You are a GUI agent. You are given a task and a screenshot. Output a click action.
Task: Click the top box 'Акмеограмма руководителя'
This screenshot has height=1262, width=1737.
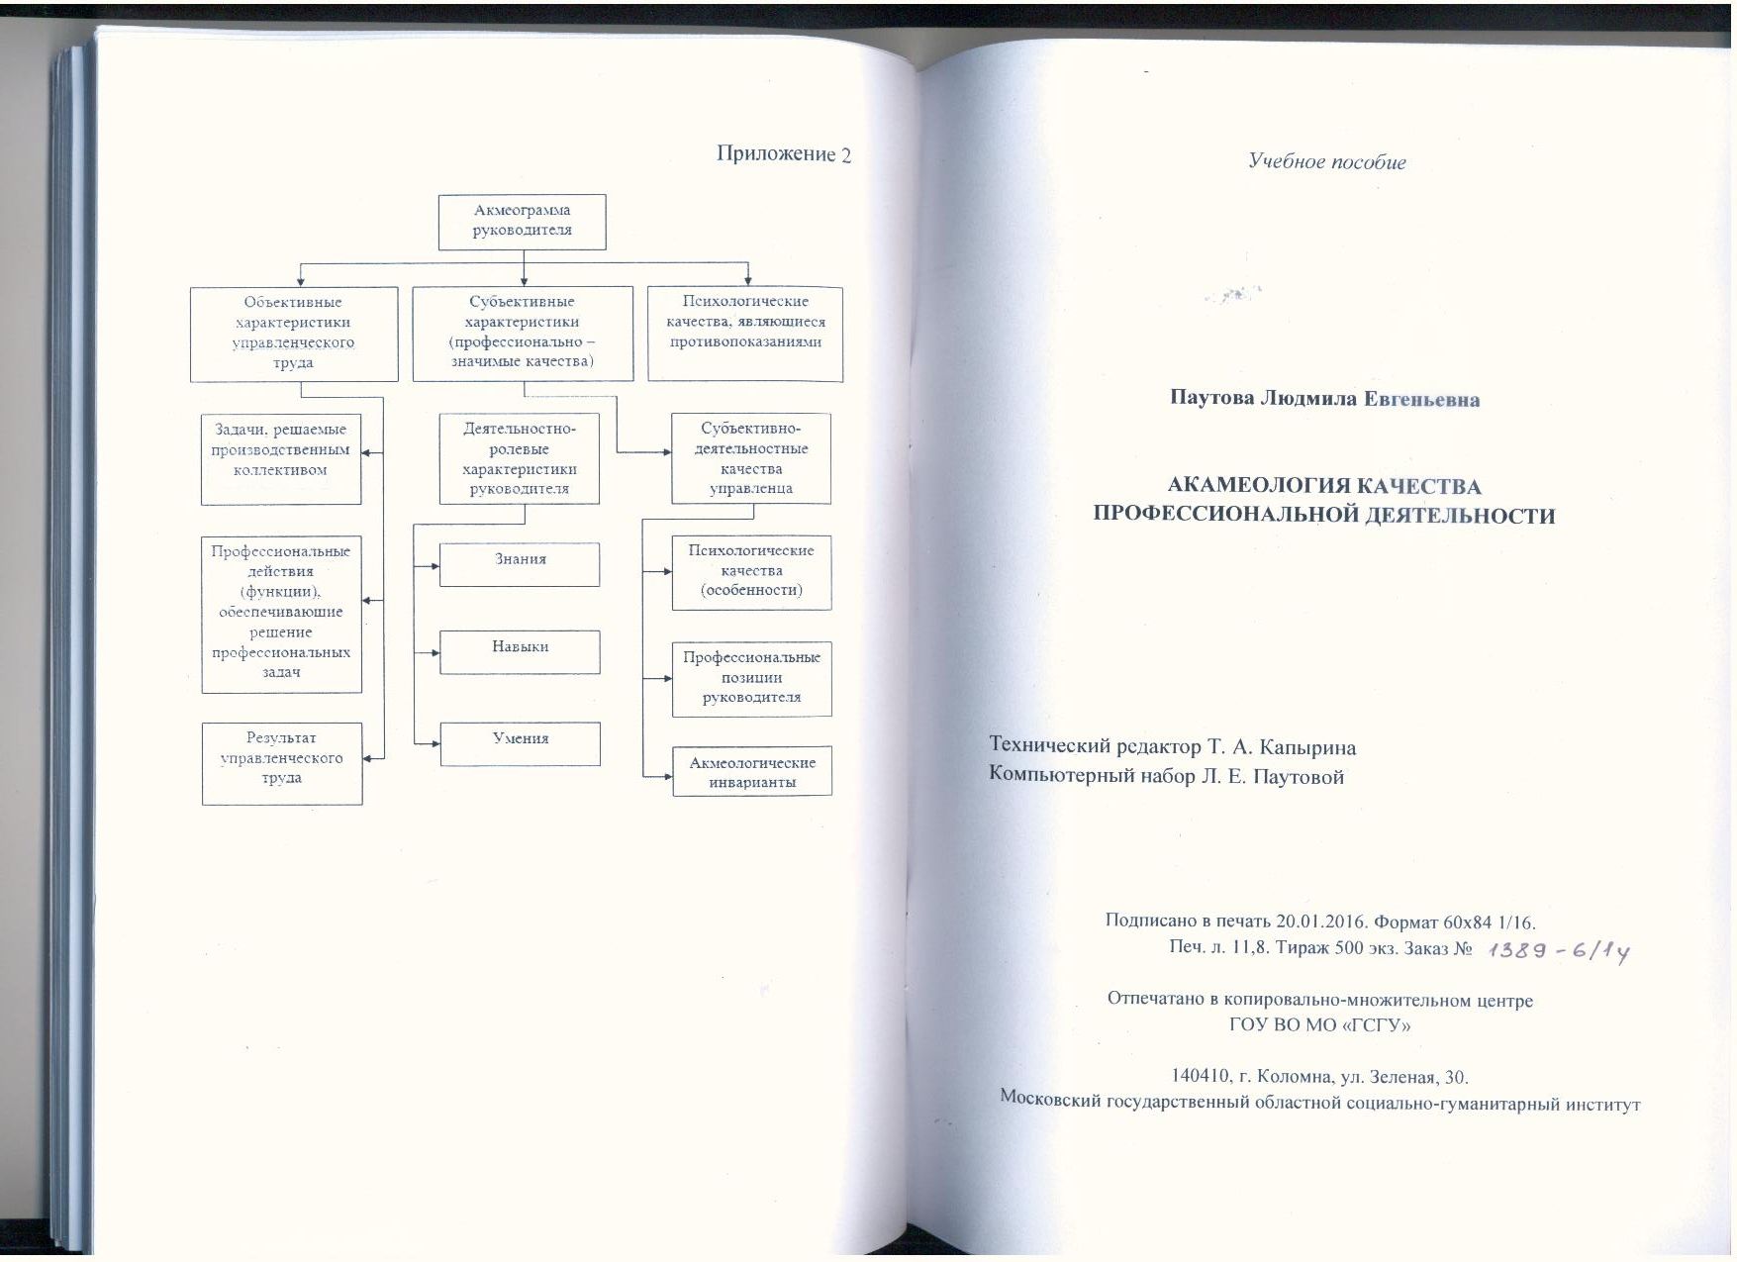pos(522,221)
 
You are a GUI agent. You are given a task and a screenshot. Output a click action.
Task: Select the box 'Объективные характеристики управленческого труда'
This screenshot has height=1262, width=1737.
pos(294,334)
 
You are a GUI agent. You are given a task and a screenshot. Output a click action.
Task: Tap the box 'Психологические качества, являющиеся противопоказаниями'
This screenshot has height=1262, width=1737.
pos(745,334)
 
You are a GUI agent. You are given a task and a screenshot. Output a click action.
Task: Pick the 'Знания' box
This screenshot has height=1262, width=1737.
pos(520,564)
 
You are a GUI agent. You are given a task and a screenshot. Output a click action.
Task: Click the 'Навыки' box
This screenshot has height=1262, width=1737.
pos(520,651)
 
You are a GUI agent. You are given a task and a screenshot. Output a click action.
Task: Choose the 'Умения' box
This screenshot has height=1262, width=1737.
pos(520,743)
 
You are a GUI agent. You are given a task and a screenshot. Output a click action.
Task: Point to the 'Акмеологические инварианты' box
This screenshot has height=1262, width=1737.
pos(752,771)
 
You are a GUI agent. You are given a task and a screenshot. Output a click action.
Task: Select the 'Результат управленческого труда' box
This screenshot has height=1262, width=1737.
pos(282,763)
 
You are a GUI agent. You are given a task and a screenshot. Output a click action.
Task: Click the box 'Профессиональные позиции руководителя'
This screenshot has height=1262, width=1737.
pos(752,679)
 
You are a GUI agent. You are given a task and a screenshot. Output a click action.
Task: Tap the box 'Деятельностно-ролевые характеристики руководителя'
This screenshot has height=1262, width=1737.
pos(520,458)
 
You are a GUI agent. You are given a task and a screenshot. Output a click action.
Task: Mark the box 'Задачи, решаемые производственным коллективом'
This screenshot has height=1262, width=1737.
pos(281,459)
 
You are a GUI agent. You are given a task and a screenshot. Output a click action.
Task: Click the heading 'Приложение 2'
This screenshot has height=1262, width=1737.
pos(784,154)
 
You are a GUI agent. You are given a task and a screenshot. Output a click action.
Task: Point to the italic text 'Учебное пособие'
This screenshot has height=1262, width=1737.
pos(1327,162)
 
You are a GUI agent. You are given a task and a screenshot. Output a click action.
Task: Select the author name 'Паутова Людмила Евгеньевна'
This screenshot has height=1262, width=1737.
pos(1325,399)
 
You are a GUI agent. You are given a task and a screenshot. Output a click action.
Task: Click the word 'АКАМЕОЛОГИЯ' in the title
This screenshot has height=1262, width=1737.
pos(1251,486)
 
